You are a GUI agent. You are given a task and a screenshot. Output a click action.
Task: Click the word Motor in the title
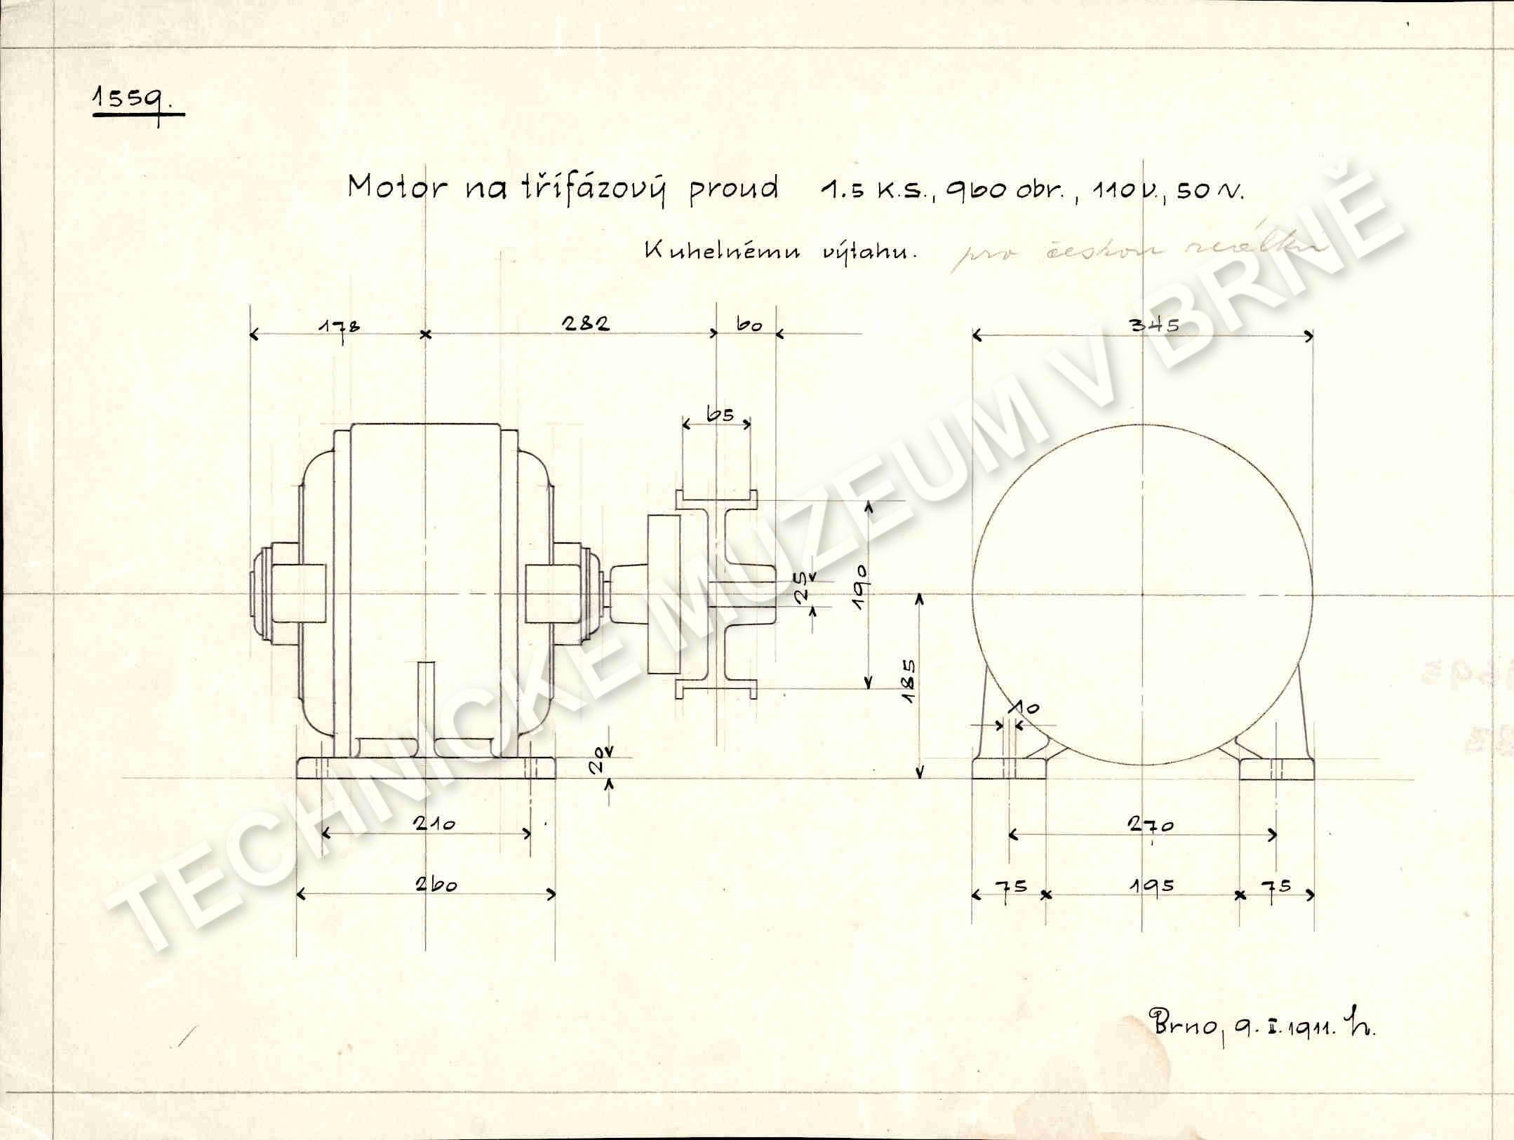(397, 188)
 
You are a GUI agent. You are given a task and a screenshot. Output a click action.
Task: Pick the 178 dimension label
(339, 327)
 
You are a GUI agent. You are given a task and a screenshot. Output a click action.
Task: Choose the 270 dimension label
(1151, 825)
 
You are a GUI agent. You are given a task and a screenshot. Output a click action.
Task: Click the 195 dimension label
(1151, 886)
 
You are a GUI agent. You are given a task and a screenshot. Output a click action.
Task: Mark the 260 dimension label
(435, 884)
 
